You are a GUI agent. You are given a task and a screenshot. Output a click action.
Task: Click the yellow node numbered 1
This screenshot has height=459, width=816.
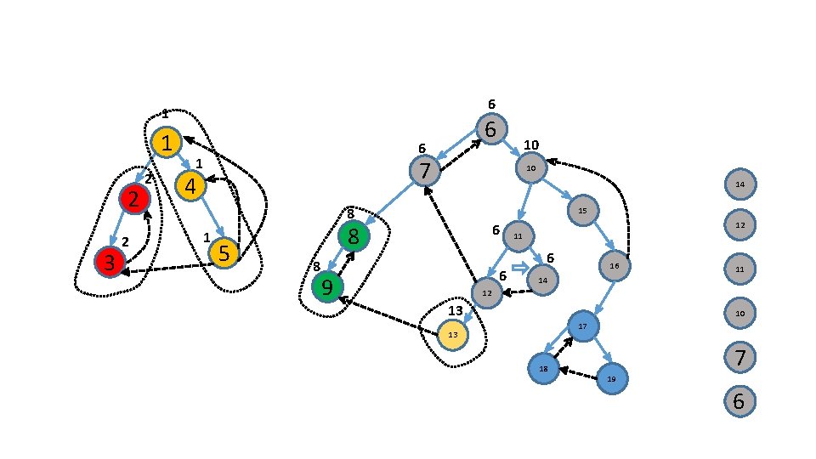tap(167, 143)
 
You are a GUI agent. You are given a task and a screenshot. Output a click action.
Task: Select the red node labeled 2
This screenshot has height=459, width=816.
tap(134, 199)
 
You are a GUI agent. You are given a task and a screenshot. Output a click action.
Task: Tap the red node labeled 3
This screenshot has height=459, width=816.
tap(110, 261)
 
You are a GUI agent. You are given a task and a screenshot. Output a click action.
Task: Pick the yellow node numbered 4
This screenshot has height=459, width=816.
tap(190, 185)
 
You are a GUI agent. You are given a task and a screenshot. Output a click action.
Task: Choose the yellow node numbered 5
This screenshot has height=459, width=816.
tap(224, 252)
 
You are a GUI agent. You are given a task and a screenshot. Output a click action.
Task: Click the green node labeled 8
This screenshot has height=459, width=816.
tap(354, 235)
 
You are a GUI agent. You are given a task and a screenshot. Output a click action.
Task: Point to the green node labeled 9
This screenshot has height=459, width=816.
tap(326, 286)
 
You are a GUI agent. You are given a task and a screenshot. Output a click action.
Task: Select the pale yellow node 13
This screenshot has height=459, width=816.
tap(453, 335)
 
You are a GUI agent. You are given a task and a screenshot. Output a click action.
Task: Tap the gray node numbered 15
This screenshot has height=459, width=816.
tap(582, 210)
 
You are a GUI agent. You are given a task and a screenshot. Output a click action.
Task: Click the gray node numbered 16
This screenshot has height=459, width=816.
tap(614, 267)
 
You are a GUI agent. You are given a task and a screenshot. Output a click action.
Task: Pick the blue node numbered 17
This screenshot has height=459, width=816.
tap(583, 326)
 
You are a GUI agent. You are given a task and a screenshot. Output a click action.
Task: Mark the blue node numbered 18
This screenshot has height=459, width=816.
tap(543, 368)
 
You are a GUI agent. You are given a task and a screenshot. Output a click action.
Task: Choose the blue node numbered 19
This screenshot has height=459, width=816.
tap(611, 378)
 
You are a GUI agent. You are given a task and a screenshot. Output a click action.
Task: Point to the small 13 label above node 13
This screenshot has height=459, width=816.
tap(456, 311)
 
